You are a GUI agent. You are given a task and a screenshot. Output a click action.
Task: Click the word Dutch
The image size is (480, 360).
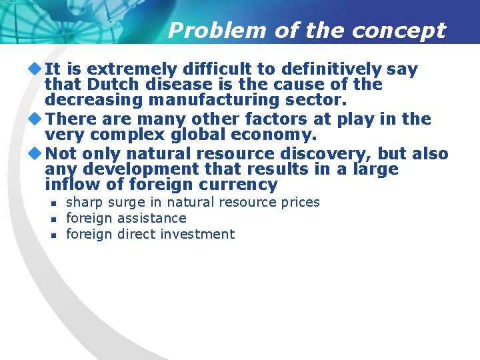pyautogui.click(x=103, y=85)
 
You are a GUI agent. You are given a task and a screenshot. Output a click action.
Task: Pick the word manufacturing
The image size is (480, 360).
pyautogui.click(x=214, y=101)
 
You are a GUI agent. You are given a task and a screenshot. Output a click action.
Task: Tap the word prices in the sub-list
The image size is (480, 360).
pyautogui.click(x=297, y=203)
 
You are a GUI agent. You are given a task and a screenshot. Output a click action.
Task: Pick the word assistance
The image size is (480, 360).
pyautogui.click(x=151, y=219)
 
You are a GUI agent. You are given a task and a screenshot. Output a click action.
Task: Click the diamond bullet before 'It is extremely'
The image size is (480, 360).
pyautogui.click(x=35, y=69)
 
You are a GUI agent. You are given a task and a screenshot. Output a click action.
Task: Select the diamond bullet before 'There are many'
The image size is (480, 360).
pyautogui.click(x=35, y=119)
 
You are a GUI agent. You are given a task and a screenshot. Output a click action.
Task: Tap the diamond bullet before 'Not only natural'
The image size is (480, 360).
pyautogui.click(x=35, y=153)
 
